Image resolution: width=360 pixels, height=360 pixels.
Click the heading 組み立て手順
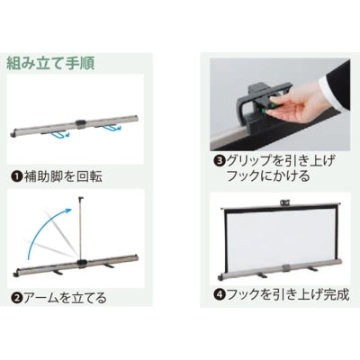coord(50,63)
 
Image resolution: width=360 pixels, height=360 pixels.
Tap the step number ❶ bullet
coord(16,176)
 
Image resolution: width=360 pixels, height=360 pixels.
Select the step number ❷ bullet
coord(16,298)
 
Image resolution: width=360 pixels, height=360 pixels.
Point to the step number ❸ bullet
coord(220,161)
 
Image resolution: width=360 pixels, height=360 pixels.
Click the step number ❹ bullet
coord(219,295)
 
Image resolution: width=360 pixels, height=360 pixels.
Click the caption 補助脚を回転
coord(63,176)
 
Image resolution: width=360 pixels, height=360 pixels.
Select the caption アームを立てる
coord(65,298)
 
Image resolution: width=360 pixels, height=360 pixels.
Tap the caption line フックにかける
coord(268,175)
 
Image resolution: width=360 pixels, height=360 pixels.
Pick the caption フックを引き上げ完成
coord(287,295)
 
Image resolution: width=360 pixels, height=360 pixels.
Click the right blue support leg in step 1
coord(111,129)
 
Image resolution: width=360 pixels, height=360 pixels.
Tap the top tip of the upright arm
coord(81,197)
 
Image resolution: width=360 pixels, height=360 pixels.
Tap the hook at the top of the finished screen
coord(284,202)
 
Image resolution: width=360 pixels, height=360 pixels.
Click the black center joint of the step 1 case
coord(80,123)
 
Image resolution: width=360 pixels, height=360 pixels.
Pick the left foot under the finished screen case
coord(263,274)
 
